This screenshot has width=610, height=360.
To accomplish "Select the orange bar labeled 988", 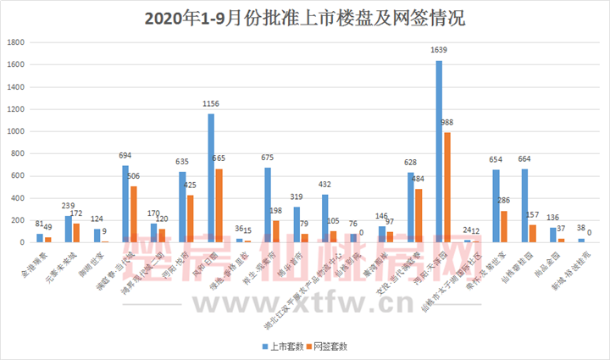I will (x=446, y=186).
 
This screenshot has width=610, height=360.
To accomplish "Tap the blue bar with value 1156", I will (x=211, y=178).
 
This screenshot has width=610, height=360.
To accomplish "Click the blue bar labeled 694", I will (x=125, y=203).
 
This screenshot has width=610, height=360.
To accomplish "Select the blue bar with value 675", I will (x=268, y=204).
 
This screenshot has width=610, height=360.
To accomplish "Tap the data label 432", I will (x=324, y=184).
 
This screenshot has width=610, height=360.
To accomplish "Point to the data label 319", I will (x=297, y=197).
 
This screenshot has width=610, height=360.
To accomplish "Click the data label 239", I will (x=69, y=206).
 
